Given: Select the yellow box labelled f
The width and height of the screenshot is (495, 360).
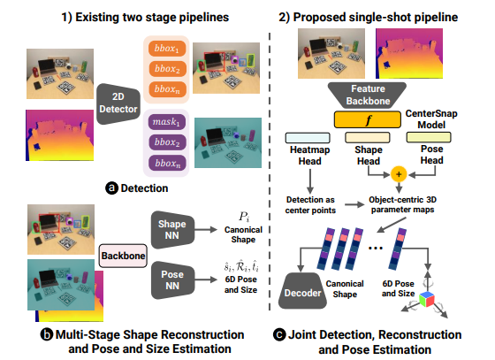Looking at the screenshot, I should (x=369, y=119).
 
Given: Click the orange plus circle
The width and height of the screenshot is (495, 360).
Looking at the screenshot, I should (x=398, y=173).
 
